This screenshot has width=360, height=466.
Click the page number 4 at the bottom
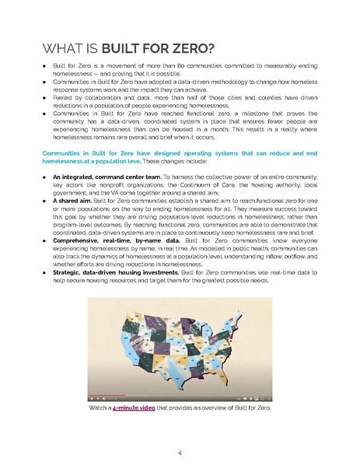coord(180,452)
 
